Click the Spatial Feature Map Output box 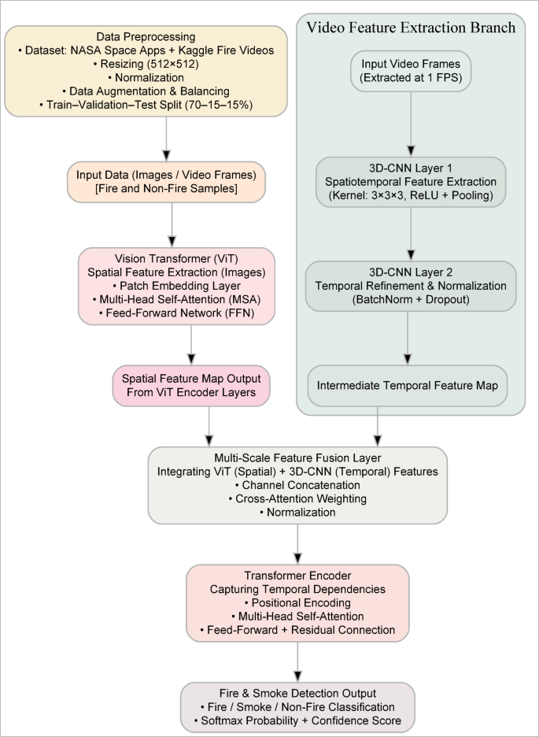pos(192,383)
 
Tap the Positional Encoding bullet pos(298,602)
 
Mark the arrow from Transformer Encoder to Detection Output pos(298,661)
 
